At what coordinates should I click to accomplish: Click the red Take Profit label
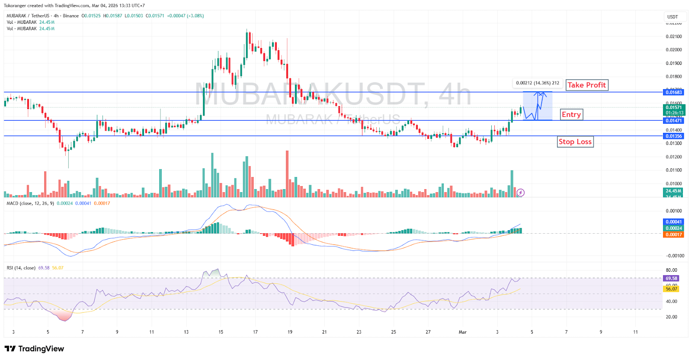tap(586, 85)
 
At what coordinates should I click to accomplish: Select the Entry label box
tap(571, 115)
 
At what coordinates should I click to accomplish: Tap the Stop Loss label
tap(575, 142)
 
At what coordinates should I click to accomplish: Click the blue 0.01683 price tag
tap(673, 92)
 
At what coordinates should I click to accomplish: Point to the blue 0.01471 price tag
tap(673, 121)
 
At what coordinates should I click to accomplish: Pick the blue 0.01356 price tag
tap(673, 136)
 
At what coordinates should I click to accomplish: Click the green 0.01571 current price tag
tap(673, 108)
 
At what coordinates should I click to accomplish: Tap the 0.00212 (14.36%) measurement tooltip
tap(537, 83)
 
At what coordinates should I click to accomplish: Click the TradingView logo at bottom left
tap(34, 349)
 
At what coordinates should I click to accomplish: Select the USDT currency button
tap(673, 17)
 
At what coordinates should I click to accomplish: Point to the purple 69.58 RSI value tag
tap(671, 279)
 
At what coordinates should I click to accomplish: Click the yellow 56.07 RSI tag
tap(671, 289)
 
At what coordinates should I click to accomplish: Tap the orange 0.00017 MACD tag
tap(673, 235)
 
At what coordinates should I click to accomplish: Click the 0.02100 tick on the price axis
tap(673, 36)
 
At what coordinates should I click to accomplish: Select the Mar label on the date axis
tap(462, 332)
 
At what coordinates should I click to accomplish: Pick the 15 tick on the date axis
tap(221, 332)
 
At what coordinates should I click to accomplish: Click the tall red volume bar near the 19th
tap(287, 173)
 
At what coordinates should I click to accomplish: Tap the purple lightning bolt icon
tap(521, 193)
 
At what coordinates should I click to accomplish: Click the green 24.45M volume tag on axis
tap(673, 191)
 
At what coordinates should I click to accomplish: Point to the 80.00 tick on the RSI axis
tap(671, 270)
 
